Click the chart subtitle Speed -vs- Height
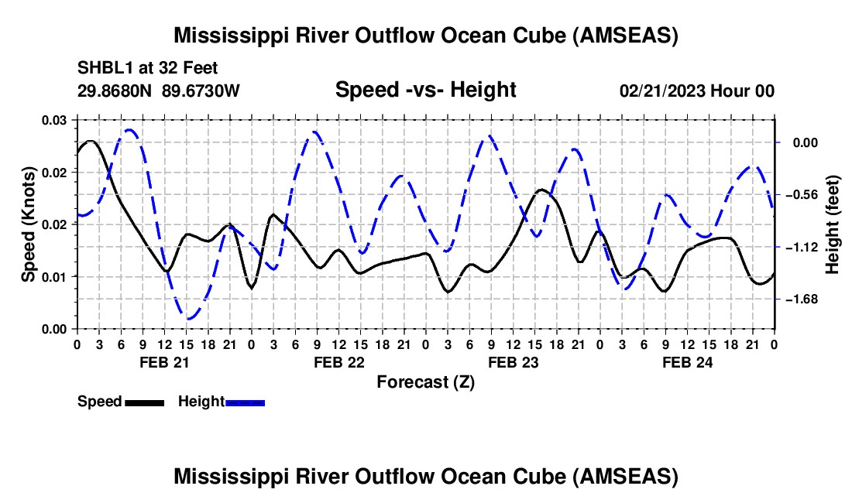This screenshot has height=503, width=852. click(x=425, y=91)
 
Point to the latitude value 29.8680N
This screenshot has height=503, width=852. click(x=115, y=91)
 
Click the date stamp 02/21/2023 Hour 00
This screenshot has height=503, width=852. click(x=697, y=91)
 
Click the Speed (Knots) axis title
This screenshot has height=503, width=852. click(x=29, y=224)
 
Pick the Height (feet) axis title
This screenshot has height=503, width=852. click(x=832, y=224)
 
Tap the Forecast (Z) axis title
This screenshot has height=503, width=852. click(x=425, y=382)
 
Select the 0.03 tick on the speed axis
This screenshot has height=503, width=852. click(x=55, y=120)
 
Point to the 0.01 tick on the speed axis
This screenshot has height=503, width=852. click(x=55, y=276)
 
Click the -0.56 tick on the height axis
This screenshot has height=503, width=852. click(x=800, y=195)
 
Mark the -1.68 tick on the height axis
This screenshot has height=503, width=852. click(x=800, y=299)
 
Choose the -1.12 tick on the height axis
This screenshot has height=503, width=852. click(x=800, y=247)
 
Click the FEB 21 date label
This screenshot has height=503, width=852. click(x=163, y=362)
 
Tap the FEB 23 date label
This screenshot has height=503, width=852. click(x=512, y=362)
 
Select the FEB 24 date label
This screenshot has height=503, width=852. click(x=686, y=362)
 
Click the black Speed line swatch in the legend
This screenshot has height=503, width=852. click(x=143, y=402)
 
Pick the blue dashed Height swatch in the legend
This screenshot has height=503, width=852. click(x=245, y=402)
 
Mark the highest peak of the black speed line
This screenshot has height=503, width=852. click(x=91, y=141)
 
